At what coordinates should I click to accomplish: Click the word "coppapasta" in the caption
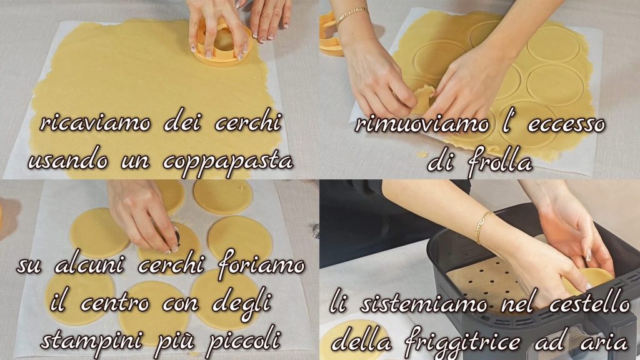227,162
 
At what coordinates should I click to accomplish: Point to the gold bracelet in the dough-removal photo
351,16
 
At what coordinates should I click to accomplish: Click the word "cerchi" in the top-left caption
247,122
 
